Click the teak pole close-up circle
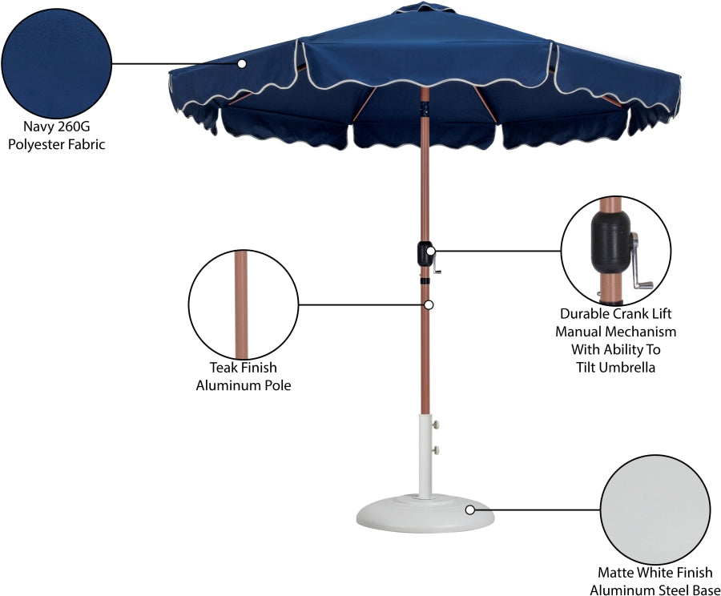(243, 304)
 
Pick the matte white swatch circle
(655, 509)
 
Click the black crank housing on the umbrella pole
(423, 255)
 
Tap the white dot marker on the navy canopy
(241, 62)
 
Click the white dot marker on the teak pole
(429, 305)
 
